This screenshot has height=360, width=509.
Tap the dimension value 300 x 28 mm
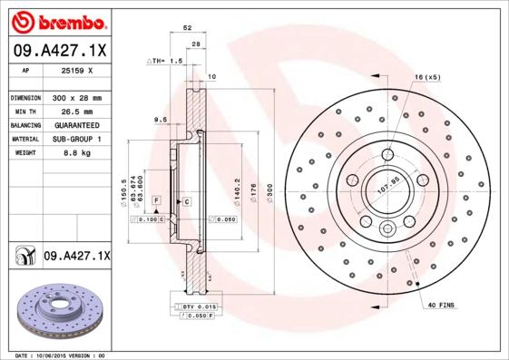(x=74, y=97)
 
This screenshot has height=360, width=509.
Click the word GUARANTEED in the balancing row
(x=74, y=124)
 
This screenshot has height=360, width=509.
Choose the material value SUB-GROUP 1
(x=74, y=139)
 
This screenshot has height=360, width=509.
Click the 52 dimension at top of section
(x=187, y=29)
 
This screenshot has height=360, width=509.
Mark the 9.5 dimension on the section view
(x=159, y=120)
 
